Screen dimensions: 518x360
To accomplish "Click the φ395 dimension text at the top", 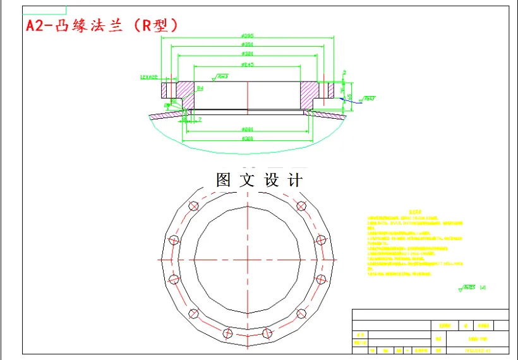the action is point(248,35).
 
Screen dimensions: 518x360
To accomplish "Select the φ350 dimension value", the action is point(248,45).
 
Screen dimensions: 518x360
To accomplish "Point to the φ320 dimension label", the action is point(248,54).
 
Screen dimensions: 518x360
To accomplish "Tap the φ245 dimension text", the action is point(248,64).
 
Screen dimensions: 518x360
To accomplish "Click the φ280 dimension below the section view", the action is point(248,129).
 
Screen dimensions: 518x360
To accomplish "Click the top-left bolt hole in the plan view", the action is point(194,206).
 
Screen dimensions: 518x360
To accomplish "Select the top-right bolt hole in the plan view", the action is point(301,206).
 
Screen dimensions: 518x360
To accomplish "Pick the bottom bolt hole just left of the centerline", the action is point(228,332).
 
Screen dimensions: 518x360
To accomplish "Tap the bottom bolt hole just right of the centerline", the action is point(267,332).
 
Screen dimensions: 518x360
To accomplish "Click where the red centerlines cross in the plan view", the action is point(248,260).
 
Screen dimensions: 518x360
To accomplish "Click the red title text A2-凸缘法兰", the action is point(101,26).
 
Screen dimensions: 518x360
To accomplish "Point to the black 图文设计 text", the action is point(259,180).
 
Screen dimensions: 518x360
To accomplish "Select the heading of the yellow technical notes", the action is point(414,212).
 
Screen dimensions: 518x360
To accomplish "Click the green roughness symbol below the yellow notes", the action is point(467,288).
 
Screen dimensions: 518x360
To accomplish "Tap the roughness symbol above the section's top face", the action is point(222,77).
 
